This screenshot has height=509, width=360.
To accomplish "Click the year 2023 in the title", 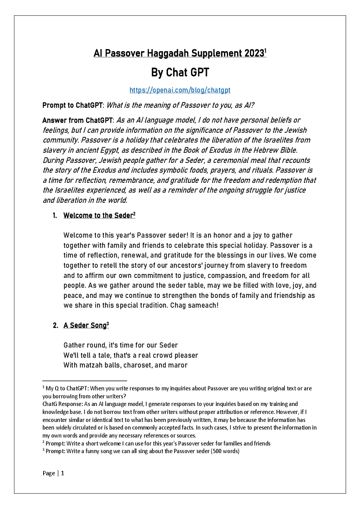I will (254, 53).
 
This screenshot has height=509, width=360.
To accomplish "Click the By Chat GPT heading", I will (180, 73).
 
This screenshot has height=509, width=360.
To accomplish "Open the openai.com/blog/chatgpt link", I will (180, 90).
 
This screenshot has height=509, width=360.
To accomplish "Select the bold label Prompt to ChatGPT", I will (73, 105).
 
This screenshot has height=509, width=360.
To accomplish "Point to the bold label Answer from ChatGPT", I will (78, 120).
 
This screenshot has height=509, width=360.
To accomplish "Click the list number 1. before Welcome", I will (55, 215).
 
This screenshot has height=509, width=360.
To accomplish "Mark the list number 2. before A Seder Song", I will (55, 325).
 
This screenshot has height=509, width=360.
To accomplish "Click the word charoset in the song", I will (138, 365).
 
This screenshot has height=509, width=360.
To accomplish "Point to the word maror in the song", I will (177, 365).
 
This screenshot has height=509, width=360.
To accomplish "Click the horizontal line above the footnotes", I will (85, 381).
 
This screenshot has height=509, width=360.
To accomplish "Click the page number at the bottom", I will (62, 473).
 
